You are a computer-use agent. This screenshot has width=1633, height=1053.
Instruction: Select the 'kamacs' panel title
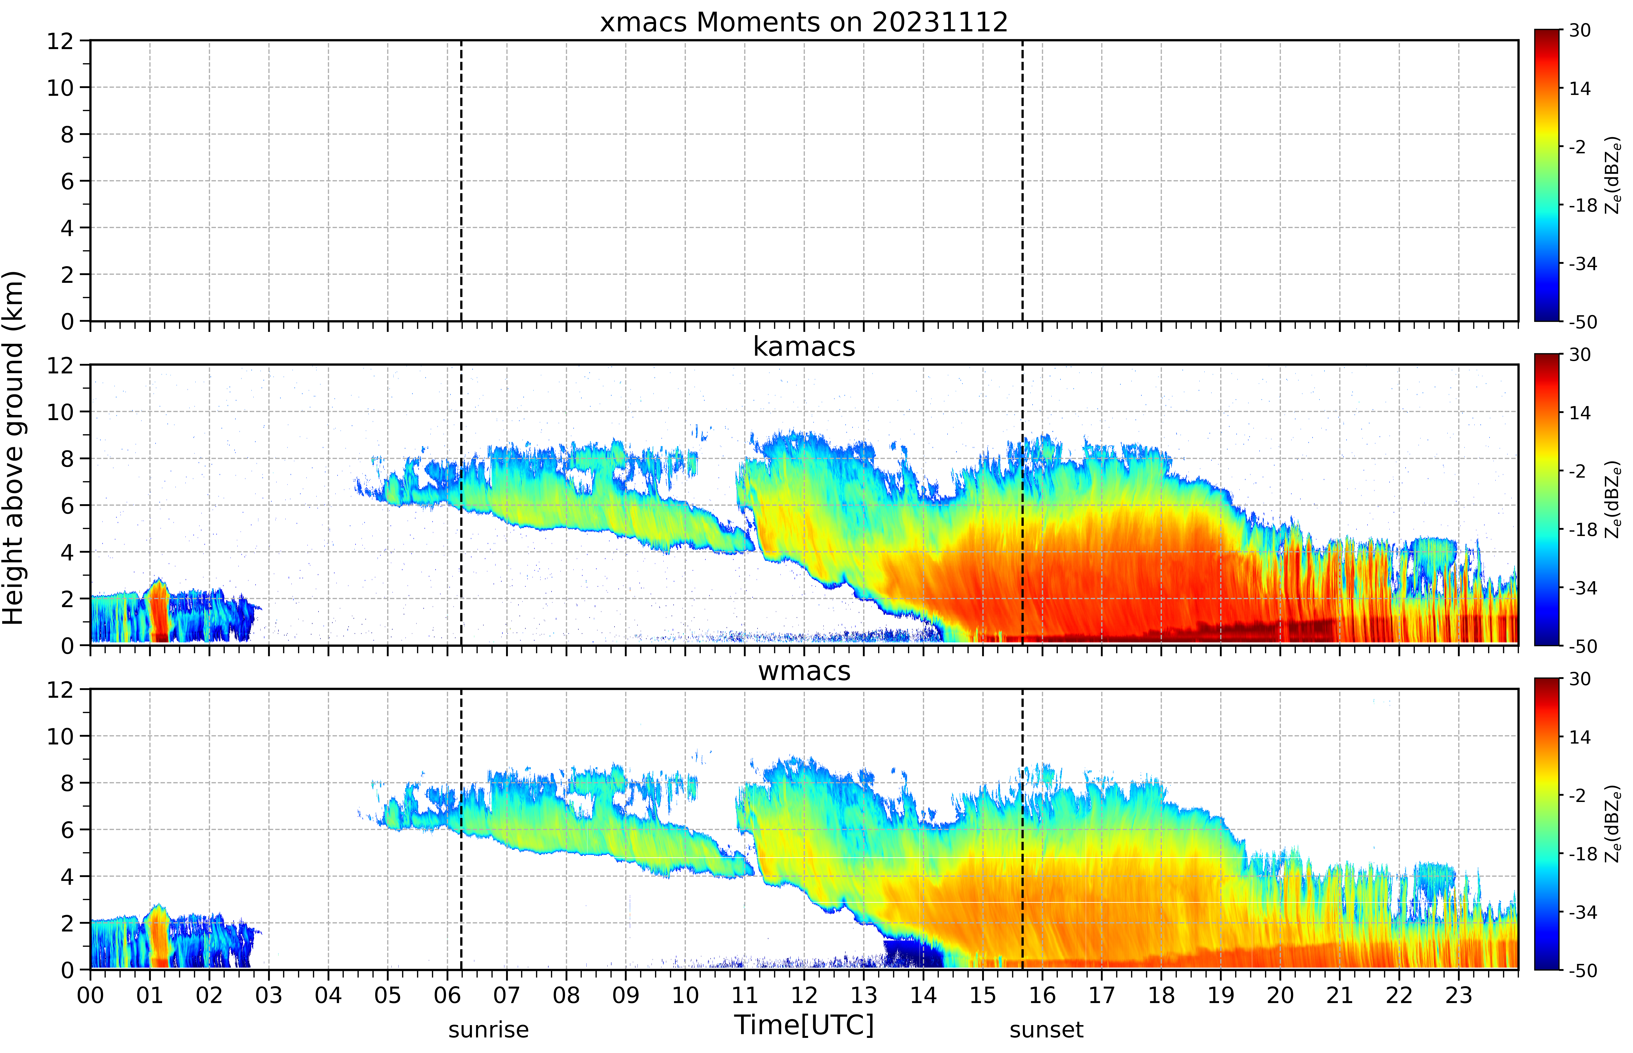tap(804, 347)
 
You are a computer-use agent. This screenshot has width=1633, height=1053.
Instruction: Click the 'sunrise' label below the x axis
tap(488, 1030)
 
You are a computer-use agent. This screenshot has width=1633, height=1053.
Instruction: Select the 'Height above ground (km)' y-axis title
tap(14, 448)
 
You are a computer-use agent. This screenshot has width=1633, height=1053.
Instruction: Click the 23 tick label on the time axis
tap(1459, 995)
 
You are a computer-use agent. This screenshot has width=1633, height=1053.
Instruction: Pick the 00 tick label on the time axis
tap(90, 995)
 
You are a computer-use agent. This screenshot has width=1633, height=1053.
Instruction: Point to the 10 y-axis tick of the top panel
tap(60, 88)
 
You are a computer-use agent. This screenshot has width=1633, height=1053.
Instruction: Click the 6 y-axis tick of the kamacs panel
tap(67, 505)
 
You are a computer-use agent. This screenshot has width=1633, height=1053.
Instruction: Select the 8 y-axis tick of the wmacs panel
tap(67, 783)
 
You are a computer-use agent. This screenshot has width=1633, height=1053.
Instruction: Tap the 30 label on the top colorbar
tap(1580, 30)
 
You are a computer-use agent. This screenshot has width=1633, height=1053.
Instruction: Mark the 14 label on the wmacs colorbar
tap(1580, 737)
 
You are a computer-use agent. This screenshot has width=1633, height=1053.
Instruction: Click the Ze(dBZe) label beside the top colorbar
tap(1612, 176)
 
